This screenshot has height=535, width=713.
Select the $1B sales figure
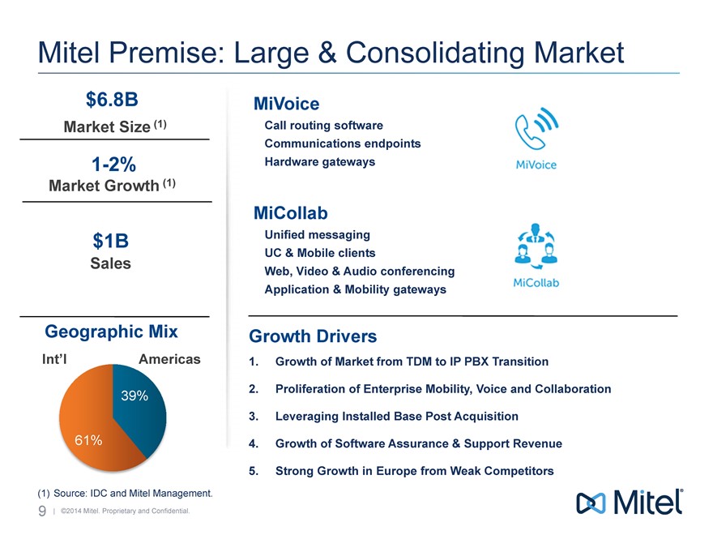tap(111, 241)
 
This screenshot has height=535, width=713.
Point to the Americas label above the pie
tap(169, 358)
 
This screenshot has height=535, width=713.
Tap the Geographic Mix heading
tap(111, 332)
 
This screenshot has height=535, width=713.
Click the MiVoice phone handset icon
tap(536, 131)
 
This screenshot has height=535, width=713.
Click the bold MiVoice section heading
tap(286, 104)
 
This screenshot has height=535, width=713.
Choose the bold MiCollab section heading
tap(290, 213)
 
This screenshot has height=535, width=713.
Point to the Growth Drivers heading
tap(313, 336)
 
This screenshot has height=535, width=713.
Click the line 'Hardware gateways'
tap(320, 161)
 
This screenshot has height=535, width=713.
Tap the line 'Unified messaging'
tap(318, 234)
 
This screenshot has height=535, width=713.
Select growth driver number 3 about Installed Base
tap(396, 416)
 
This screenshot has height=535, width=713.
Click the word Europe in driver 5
tap(391, 471)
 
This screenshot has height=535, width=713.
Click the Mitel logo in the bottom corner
tap(629, 503)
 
